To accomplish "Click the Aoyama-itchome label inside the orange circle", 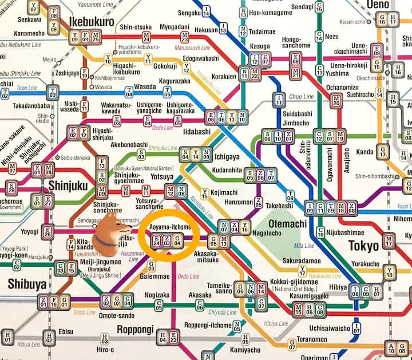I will (x=171, y=227).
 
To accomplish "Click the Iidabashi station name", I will (x=199, y=131).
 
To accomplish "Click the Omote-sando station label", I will (x=116, y=315).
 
